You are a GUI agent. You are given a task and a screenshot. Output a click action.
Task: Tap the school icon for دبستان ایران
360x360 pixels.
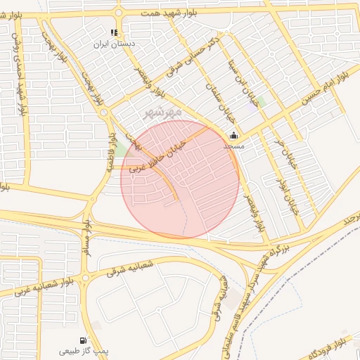(x=115, y=32)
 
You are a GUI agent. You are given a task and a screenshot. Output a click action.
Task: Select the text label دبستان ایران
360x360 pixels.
(x=115, y=44)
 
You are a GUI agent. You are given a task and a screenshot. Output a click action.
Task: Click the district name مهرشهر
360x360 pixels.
(x=163, y=112)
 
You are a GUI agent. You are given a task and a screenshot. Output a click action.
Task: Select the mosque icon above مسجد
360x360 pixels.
(x=234, y=136)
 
